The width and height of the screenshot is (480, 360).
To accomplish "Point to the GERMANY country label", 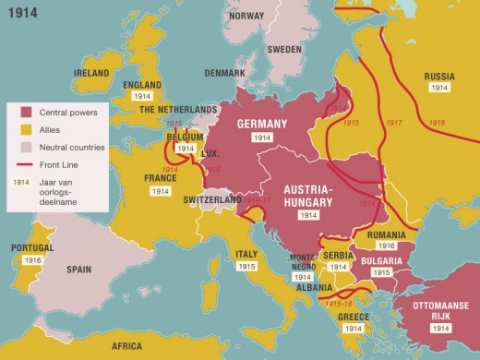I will click(267, 124).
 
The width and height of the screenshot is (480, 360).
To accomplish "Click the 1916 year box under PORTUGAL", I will click(32, 261).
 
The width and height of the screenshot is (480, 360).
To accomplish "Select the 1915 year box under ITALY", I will click(246, 266).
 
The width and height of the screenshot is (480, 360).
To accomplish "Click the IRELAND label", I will click(90, 73).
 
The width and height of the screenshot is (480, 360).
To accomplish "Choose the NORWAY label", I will click(246, 16).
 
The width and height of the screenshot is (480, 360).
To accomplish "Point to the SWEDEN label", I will click(284, 49).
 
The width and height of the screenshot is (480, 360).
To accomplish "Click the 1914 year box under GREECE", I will click(353, 328).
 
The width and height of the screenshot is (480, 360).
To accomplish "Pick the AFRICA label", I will click(127, 346).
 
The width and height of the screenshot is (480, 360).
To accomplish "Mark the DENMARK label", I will click(225, 73).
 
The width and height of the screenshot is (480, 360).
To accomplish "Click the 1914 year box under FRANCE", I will click(161, 191).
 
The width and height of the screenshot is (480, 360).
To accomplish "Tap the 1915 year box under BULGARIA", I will click(381, 273).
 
